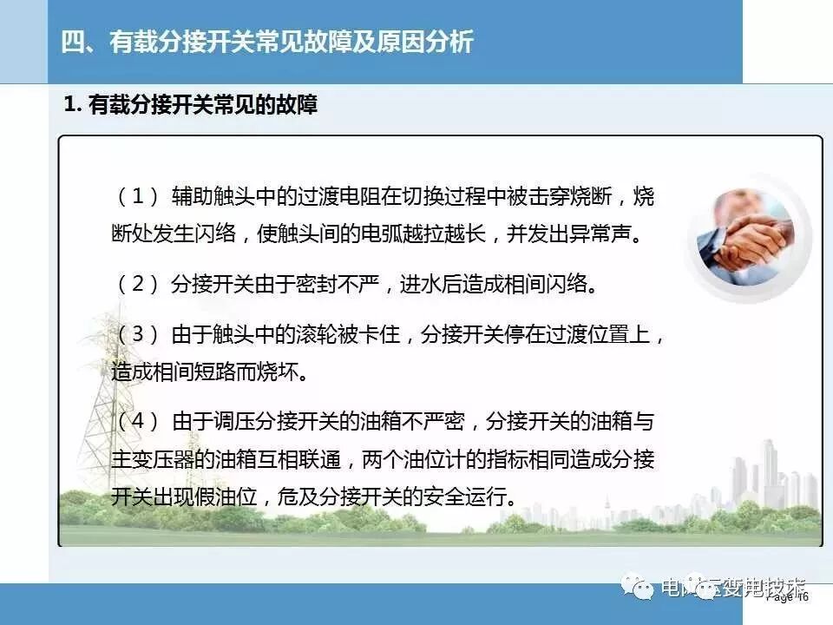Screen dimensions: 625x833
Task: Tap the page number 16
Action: coord(801,597)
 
